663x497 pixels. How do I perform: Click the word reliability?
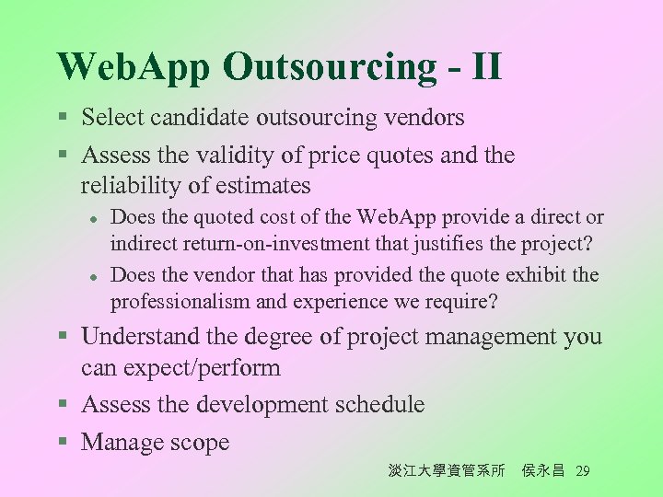[x=130, y=186]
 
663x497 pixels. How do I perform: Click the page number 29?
[x=582, y=471]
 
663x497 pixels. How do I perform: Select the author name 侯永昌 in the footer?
[x=542, y=471]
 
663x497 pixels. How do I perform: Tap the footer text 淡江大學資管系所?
[x=447, y=471]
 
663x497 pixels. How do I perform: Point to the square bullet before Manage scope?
[x=63, y=444]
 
